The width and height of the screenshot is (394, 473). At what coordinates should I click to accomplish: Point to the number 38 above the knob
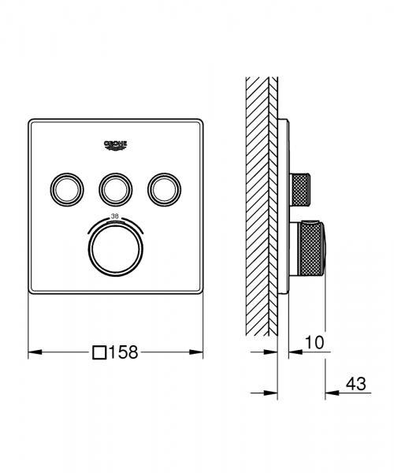pyautogui.click(x=115, y=215)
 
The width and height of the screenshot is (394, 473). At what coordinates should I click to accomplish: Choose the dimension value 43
pyautogui.click(x=357, y=385)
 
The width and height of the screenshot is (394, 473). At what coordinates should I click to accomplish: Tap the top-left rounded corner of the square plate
pyautogui.click(x=32, y=123)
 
